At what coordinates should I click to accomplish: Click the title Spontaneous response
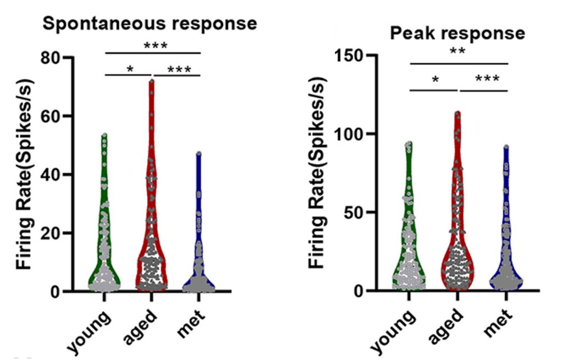pos(150,24)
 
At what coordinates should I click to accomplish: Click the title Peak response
pos(457,33)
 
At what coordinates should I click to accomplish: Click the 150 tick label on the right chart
pos(351,56)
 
